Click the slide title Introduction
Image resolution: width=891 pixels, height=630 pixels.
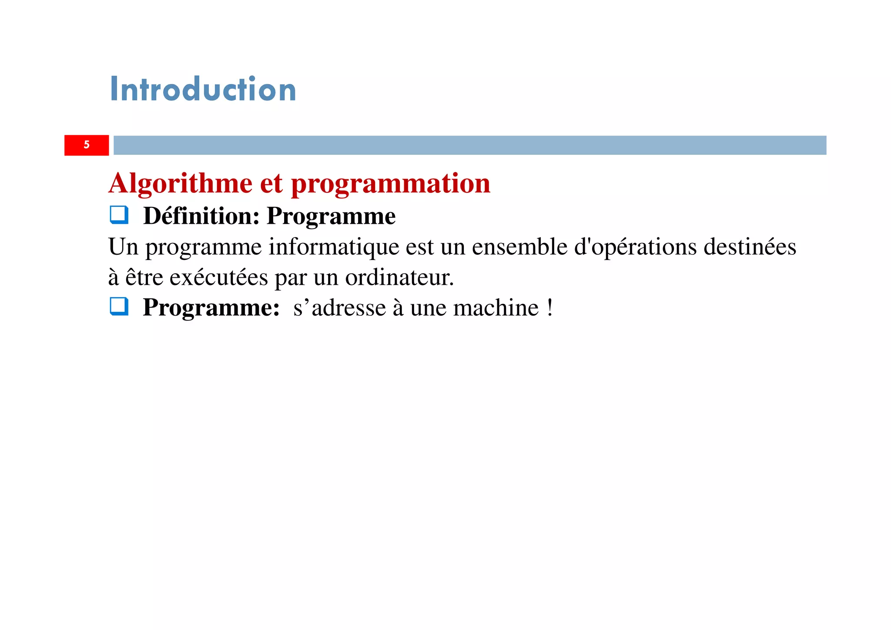(203, 89)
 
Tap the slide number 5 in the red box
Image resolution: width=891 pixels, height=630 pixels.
(87, 145)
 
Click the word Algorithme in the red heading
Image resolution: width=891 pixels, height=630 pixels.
(181, 183)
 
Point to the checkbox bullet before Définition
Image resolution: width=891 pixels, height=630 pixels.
(119, 215)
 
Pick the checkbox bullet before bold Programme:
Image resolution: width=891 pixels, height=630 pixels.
(119, 307)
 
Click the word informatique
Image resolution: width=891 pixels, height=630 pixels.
(334, 247)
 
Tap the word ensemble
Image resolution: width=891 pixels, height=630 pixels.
(519, 247)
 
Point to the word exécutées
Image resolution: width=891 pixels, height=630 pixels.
(219, 277)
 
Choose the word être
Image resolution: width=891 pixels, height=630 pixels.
(144, 277)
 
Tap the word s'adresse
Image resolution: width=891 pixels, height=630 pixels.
(339, 308)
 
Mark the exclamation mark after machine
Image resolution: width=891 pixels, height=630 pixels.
(550, 308)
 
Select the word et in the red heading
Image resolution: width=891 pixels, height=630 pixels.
(271, 183)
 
